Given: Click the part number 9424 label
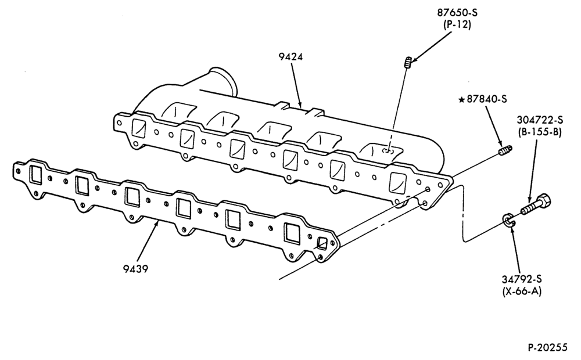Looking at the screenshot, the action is click(290, 57).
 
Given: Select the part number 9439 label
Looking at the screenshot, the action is click(135, 268).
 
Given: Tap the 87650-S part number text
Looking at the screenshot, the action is click(457, 13).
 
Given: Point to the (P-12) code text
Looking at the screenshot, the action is click(457, 25).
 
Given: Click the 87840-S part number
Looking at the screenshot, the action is click(486, 99).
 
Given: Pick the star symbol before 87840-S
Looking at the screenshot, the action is click(461, 99).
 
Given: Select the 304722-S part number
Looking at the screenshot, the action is click(540, 120).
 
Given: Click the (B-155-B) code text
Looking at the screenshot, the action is click(540, 132).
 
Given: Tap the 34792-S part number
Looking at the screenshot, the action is click(521, 279).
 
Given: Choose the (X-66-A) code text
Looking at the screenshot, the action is click(521, 291).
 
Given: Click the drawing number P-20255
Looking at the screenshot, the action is click(547, 347).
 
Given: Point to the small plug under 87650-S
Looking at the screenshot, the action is click(408, 62).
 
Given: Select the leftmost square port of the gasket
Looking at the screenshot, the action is click(37, 174).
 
